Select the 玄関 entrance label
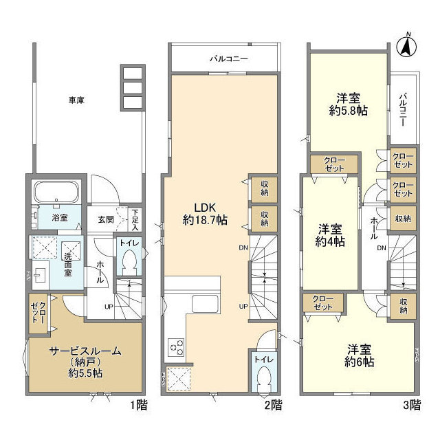click(x=105, y=219)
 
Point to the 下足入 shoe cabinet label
click(x=135, y=219)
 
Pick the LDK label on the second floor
click(x=205, y=207)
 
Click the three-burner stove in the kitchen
click(x=175, y=347)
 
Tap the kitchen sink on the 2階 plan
click(x=203, y=304)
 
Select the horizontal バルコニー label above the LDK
click(x=228, y=59)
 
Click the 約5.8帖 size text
click(x=349, y=111)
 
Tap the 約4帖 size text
click(x=331, y=241)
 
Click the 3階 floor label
click(x=410, y=405)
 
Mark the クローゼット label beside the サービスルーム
click(x=36, y=311)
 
